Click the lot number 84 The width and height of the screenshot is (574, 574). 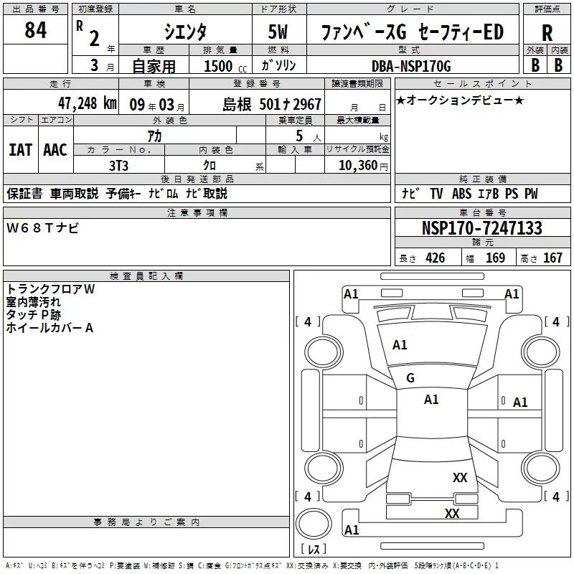coord(35,32)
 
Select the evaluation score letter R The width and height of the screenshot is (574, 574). coord(547,33)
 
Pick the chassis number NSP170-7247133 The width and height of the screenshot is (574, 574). coord(481,228)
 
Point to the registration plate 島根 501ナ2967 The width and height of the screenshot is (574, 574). coord(272,104)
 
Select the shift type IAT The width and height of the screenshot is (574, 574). coord(21,149)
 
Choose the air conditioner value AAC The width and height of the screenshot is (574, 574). coord(55,149)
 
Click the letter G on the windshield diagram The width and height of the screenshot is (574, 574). coord(410,378)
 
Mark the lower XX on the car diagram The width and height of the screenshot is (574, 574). coord(452,513)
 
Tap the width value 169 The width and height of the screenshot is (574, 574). coord(495,258)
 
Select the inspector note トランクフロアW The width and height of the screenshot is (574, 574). coord(50,289)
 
